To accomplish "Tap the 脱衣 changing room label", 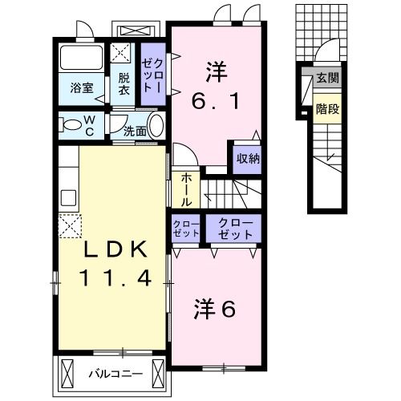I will point(124,84).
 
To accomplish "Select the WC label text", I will point(90,124).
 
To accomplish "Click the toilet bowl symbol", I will point(71,124).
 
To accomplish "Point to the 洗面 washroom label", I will point(135,129).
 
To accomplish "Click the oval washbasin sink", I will point(156,126).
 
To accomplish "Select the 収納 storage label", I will point(247,158).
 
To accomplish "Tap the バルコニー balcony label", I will point(112,373).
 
